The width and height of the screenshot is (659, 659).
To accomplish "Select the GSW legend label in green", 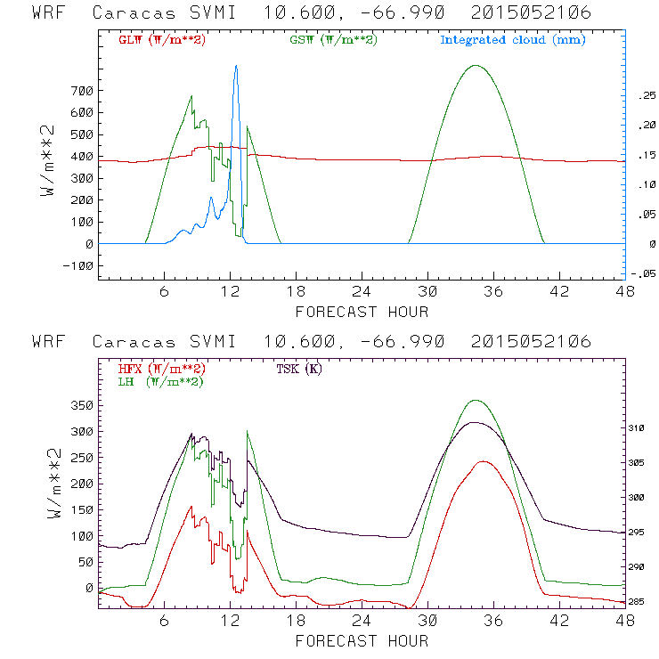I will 333,40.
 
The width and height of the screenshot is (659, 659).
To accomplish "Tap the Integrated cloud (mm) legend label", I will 513,40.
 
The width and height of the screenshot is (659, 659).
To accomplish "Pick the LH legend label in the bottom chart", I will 159,381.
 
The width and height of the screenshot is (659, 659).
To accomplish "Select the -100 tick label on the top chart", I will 77,265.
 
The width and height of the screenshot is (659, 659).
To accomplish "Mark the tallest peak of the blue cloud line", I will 236,65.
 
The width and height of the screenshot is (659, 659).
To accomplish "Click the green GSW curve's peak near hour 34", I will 476,65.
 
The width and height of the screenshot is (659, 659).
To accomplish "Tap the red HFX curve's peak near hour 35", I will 484,461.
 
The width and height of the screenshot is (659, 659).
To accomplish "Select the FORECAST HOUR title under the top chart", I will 362,312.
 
